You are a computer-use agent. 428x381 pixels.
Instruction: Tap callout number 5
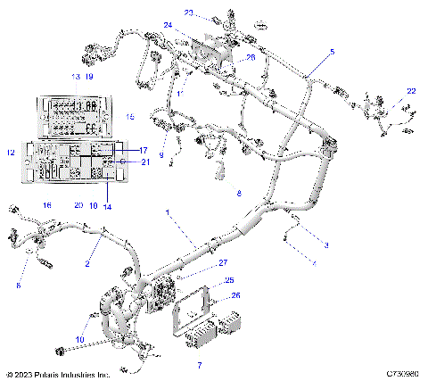(333, 54)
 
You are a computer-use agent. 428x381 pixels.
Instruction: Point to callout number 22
(411, 92)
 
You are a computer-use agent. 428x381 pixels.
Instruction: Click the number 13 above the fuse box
(76, 78)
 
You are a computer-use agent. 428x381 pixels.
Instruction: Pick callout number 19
(89, 78)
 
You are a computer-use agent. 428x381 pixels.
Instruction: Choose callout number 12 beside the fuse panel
(11, 153)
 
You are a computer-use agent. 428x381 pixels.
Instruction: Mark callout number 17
(143, 151)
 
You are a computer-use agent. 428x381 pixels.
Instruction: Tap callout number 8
(238, 193)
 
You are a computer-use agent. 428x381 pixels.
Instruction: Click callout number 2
(87, 265)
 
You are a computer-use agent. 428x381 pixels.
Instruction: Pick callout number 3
(326, 244)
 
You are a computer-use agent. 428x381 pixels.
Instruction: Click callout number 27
(224, 262)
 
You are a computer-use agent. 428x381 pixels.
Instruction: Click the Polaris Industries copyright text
(58, 375)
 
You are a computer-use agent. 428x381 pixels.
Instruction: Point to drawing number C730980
(402, 375)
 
